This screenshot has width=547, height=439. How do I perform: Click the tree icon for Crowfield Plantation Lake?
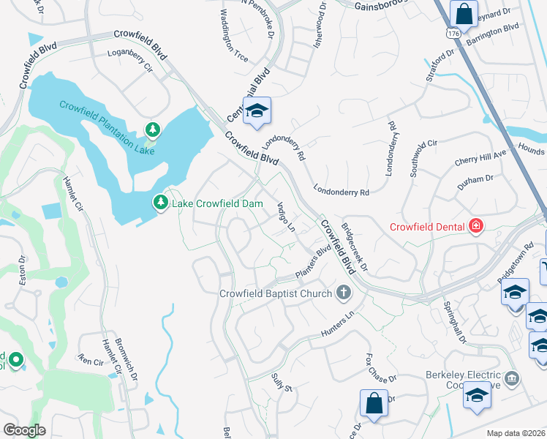pyautogui.click(x=152, y=130)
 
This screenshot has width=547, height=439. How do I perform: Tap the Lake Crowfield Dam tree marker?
pyautogui.click(x=160, y=201)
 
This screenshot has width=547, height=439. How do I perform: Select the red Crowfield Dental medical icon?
pyautogui.click(x=476, y=226)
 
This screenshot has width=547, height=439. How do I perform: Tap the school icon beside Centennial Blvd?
pyautogui.click(x=257, y=111)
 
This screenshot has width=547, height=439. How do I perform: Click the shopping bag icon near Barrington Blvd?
pyautogui.click(x=464, y=13)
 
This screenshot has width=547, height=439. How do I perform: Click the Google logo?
pyautogui.click(x=23, y=430)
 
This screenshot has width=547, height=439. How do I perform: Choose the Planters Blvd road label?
pyautogui.click(x=314, y=264)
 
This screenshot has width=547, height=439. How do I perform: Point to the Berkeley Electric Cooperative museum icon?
pyautogui.click(x=513, y=378)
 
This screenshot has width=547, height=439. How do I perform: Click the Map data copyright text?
pyautogui.click(x=516, y=433)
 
